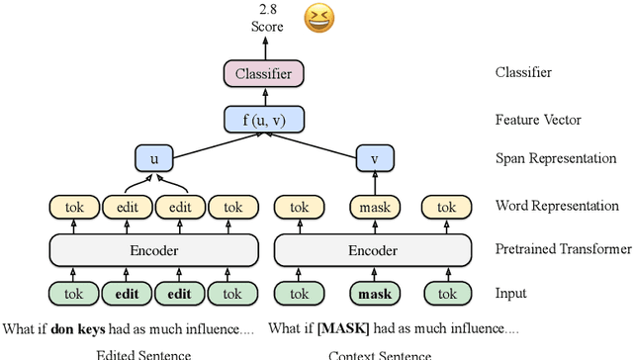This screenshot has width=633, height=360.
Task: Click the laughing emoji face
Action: point(318,19)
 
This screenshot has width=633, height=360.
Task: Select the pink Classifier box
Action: point(263,73)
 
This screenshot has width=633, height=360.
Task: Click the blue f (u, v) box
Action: point(263,121)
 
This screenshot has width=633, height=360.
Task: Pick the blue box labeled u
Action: point(152,158)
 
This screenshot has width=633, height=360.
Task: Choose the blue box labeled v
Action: point(374,158)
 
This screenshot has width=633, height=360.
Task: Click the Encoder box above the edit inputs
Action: point(153,250)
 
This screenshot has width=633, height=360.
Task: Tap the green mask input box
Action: point(374,294)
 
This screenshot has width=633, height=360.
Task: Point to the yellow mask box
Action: point(374,207)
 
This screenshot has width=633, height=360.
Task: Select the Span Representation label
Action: point(555,158)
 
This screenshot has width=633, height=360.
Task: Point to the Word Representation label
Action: point(557,207)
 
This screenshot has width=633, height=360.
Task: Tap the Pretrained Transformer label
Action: point(563,250)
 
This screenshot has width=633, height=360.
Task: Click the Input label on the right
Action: point(511,294)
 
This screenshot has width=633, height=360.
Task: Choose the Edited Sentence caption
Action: point(142,354)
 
